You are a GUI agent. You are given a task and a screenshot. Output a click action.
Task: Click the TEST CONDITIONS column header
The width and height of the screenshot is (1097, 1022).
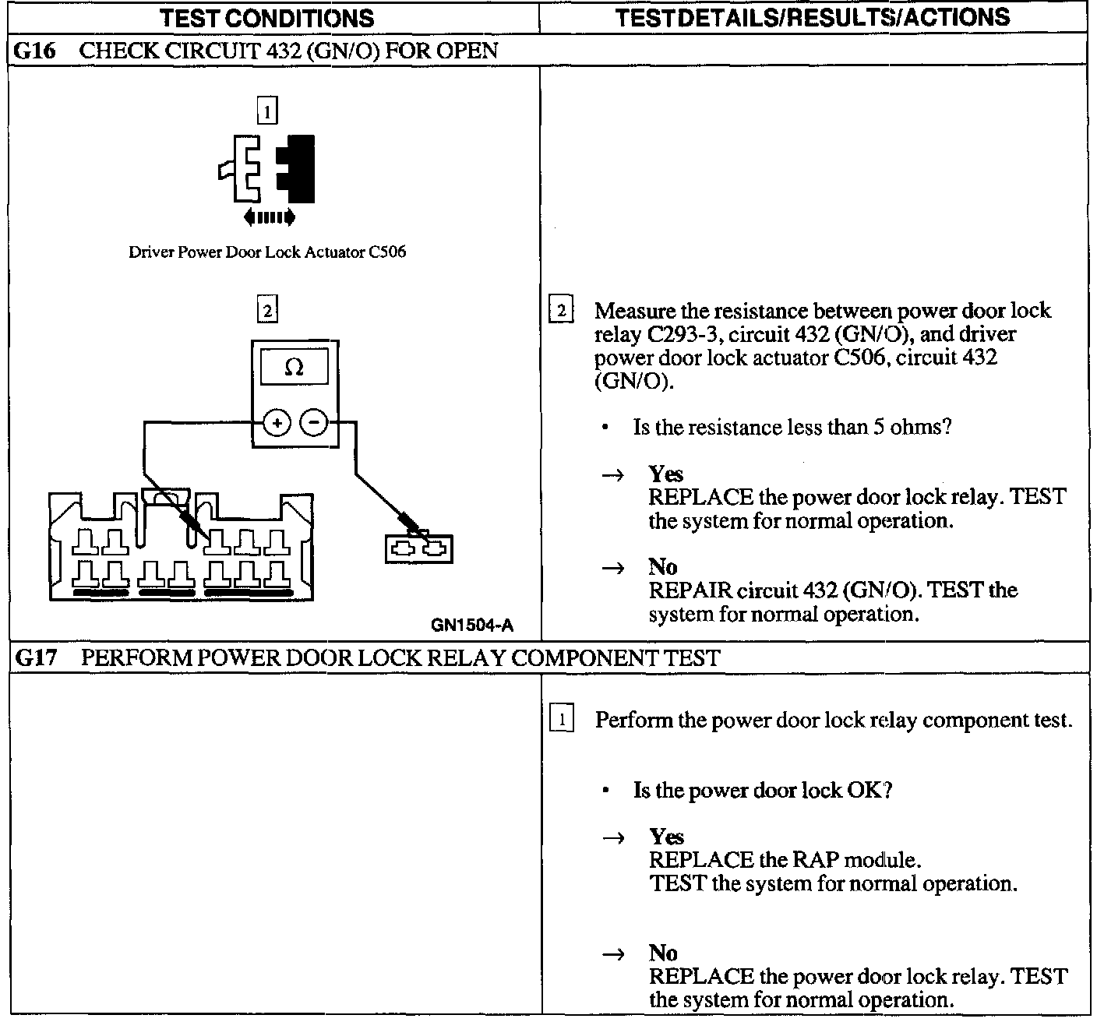point(266,18)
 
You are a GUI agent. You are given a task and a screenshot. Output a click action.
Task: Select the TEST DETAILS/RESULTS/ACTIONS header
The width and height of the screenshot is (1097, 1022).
point(812,17)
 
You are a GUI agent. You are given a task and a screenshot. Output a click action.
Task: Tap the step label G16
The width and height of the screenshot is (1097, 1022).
point(35,51)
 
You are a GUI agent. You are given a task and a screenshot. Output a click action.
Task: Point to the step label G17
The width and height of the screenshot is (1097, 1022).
point(37,658)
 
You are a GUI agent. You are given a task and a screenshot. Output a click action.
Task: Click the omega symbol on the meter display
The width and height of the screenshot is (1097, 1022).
point(294,367)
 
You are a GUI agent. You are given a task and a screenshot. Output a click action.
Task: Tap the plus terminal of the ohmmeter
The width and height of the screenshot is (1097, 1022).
point(276,423)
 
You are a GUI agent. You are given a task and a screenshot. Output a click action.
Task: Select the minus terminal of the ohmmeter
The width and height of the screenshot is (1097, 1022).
point(314,423)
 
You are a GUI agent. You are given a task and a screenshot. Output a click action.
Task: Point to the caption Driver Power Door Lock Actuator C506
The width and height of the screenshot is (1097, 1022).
point(267,252)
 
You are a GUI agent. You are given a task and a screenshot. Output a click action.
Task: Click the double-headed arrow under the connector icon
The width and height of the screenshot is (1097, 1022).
point(269,217)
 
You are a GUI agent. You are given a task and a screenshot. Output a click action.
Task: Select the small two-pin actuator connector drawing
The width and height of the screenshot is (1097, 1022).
point(419,548)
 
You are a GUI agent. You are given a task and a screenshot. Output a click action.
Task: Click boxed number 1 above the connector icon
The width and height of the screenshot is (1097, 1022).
point(266,112)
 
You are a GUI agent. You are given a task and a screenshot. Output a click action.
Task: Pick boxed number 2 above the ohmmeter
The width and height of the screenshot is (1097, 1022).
point(266,310)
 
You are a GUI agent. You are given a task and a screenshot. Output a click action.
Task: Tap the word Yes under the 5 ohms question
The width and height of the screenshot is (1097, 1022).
point(665,474)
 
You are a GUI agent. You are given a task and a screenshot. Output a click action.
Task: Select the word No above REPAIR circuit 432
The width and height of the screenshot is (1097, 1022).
point(663,566)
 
